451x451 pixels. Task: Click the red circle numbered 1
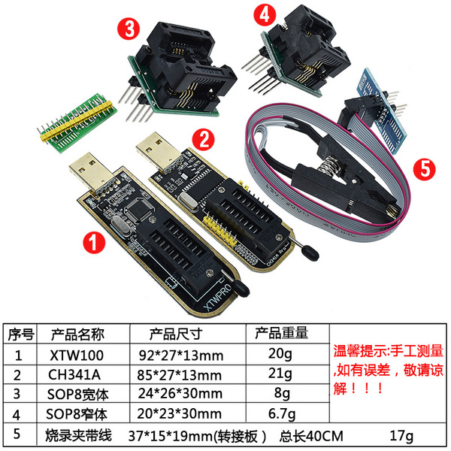(x=94, y=243)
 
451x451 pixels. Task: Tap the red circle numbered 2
(x=204, y=140)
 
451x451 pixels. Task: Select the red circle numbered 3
(x=129, y=29)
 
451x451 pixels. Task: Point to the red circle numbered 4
(x=265, y=15)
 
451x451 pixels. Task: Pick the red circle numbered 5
(x=425, y=169)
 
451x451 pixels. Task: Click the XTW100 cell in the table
(x=77, y=356)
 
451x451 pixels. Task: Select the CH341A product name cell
(x=74, y=374)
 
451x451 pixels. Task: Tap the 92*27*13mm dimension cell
(x=181, y=356)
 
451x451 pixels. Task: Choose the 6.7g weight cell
(x=282, y=414)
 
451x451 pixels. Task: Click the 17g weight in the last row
(x=401, y=436)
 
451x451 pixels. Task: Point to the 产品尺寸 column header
(x=176, y=334)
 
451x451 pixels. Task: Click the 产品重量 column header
(x=281, y=333)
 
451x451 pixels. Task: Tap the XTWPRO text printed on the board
(x=217, y=297)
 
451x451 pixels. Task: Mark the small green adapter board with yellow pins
(x=77, y=123)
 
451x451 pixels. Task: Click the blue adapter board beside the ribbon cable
(x=382, y=110)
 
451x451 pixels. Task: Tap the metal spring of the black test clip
(x=330, y=165)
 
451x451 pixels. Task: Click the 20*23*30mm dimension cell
(x=179, y=414)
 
